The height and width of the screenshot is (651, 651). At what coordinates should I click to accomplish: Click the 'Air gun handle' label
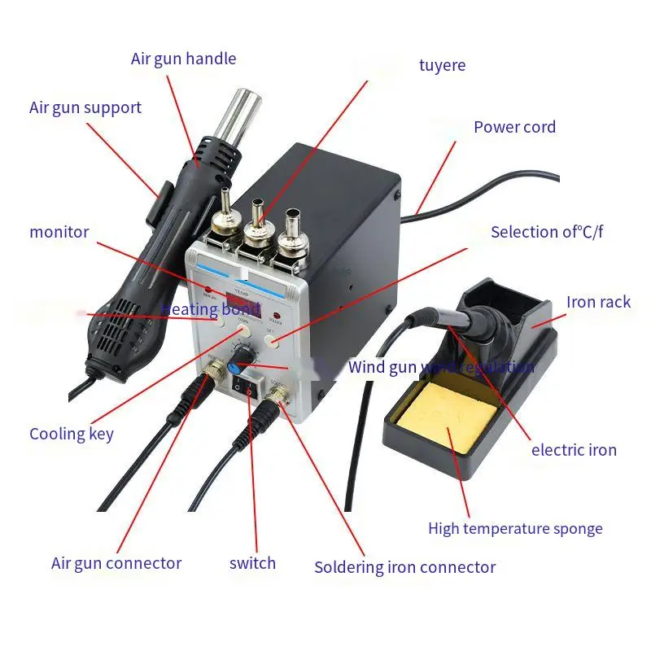tap(183, 59)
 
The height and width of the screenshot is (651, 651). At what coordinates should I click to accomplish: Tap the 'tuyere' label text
tap(442, 65)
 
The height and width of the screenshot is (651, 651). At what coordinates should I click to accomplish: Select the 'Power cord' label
tap(514, 127)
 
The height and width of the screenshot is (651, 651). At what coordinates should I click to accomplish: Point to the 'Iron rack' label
tap(598, 302)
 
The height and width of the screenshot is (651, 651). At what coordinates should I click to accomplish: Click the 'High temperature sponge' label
tap(515, 529)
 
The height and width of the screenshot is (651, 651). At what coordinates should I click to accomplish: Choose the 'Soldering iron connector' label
tap(404, 567)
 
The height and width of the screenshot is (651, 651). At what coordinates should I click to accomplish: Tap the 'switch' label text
tap(252, 563)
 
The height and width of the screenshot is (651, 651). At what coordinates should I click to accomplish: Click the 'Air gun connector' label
tap(116, 563)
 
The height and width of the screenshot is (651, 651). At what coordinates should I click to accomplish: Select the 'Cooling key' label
tap(72, 434)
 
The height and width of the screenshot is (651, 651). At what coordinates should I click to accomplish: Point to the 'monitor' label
tap(59, 232)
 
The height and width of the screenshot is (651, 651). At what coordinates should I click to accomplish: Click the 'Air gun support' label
tap(85, 107)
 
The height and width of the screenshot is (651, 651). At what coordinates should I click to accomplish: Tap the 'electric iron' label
tap(574, 450)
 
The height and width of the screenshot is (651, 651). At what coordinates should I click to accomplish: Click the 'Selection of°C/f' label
tap(547, 232)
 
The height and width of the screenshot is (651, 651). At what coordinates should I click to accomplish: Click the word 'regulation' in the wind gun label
tap(496, 367)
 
